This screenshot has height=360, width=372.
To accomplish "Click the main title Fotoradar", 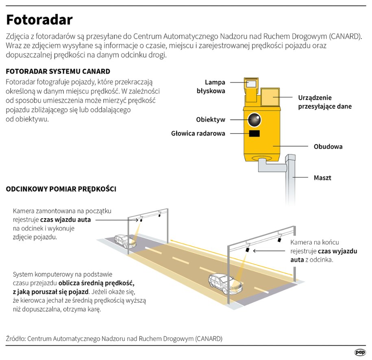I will (39, 20).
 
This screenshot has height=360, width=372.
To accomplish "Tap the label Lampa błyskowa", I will (209, 87).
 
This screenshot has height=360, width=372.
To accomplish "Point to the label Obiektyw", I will (210, 120).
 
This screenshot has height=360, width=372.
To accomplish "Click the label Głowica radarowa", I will (198, 133).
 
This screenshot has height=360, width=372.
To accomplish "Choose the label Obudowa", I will (328, 146).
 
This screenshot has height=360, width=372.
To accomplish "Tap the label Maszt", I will (322, 178).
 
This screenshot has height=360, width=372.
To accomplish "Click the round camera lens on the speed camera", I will (255, 119).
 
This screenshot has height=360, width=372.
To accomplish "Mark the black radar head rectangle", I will (255, 134).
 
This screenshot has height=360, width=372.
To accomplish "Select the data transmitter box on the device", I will (270, 98).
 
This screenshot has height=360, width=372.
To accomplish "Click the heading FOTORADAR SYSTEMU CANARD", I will (58, 72).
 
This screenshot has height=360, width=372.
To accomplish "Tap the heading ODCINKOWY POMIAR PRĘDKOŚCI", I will (61, 189).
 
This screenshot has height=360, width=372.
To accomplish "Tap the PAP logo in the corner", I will (359, 352).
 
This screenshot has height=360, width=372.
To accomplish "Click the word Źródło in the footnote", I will (15, 338).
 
